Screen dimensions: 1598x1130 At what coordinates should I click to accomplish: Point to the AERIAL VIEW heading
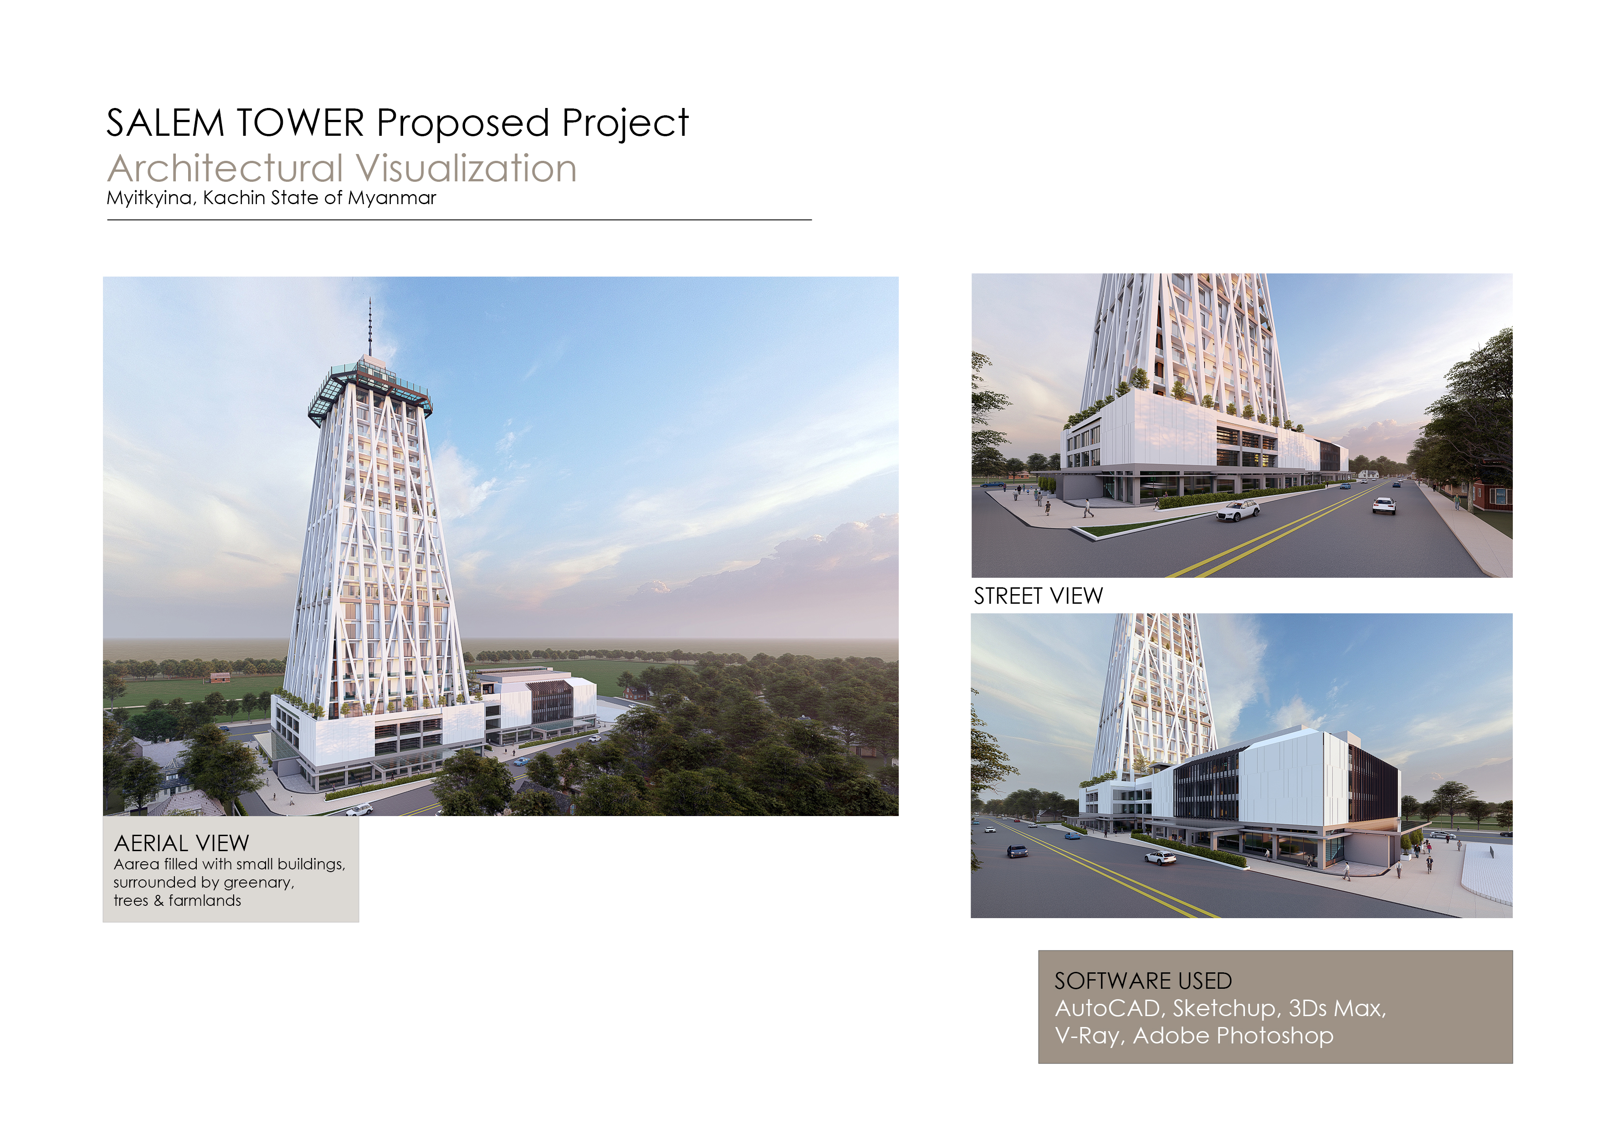click(182, 843)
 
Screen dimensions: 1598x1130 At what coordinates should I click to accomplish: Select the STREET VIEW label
click(1038, 596)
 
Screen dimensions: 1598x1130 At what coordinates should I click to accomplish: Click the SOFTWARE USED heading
click(1143, 981)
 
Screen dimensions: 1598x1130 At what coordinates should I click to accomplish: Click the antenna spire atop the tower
click(370, 326)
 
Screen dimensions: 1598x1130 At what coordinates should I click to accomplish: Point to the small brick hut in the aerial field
click(220, 677)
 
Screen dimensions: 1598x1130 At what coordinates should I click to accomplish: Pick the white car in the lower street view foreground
click(1160, 858)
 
